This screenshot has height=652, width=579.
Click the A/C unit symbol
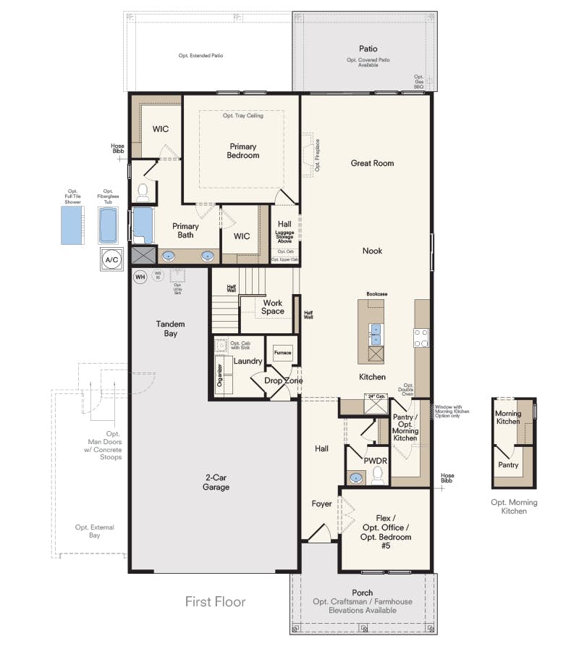click(x=112, y=259)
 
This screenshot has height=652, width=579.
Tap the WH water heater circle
click(x=140, y=275)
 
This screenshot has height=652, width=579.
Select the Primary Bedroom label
click(x=242, y=151)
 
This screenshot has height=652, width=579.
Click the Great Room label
click(x=372, y=163)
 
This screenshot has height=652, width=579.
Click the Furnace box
click(x=282, y=353)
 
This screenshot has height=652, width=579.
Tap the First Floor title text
click(x=215, y=601)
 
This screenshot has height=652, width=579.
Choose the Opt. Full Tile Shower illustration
click(x=72, y=225)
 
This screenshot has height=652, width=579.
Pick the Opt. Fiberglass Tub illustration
click(x=108, y=225)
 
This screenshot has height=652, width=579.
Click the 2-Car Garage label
click(x=216, y=482)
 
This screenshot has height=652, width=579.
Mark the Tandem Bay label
click(x=171, y=328)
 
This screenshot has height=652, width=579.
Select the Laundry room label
click(x=248, y=361)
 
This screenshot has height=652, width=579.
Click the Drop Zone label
click(x=283, y=380)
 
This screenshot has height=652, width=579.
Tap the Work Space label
click(x=273, y=307)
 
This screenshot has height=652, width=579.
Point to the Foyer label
click(x=322, y=503)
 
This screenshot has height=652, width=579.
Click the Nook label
click(x=373, y=251)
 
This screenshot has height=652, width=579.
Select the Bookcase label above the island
click(x=377, y=294)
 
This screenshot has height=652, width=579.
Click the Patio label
click(x=368, y=49)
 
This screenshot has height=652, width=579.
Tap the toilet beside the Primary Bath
click(x=143, y=192)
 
